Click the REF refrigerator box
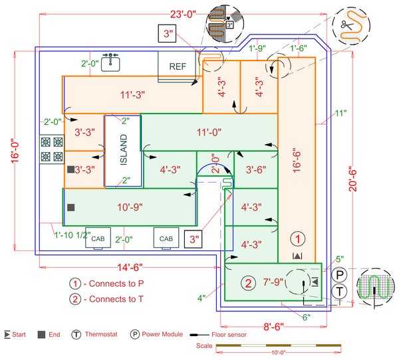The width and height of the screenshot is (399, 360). pos(177,66)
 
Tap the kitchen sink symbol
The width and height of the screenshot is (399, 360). pos(111,62)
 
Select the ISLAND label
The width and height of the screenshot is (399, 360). pos(123,151)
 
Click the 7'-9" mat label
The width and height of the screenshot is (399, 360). pos(273,283)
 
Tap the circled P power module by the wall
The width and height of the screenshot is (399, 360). pos(340,274)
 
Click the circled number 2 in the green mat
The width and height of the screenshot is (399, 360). pos(247,283)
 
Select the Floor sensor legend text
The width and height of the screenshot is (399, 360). pos(228,335)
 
